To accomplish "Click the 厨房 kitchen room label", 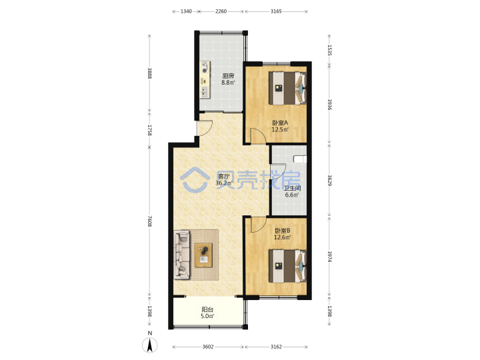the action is (x=228, y=75).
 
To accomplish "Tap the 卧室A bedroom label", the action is (x=281, y=123).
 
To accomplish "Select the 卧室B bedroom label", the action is (x=282, y=231).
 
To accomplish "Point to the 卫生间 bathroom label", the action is (x=292, y=188).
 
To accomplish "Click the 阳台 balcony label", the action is (x=207, y=309).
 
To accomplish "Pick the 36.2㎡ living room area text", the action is (x=223, y=183).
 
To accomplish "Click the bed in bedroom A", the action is (x=287, y=88).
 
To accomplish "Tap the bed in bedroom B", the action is (x=287, y=266).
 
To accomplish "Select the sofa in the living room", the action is (x=182, y=255).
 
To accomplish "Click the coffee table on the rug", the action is (x=204, y=255).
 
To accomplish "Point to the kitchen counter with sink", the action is (x=205, y=79).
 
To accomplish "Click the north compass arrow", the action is (x=150, y=345).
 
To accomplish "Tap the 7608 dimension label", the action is (x=149, y=221).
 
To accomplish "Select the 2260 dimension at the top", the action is (x=221, y=11).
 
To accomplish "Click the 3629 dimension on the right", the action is (x=329, y=180).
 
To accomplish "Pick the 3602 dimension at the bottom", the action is (x=208, y=347).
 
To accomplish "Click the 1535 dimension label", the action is (x=329, y=50).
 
